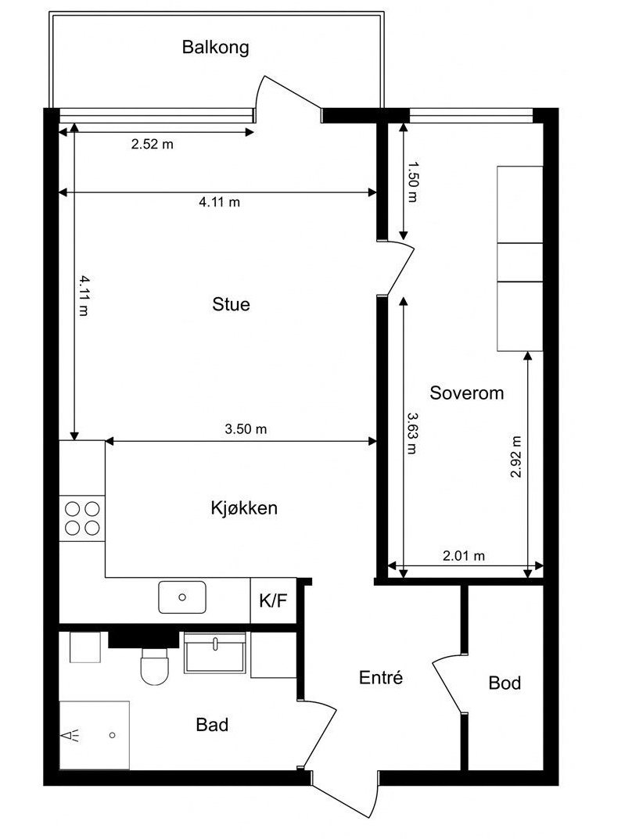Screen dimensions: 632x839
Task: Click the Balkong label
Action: (215, 47)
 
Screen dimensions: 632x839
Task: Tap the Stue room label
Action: (232, 304)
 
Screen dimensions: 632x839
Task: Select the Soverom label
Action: (467, 393)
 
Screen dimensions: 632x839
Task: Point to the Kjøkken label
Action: (244, 507)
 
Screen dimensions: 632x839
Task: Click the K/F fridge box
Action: (274, 601)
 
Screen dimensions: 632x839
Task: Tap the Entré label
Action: (380, 677)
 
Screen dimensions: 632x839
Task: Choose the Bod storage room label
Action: (505, 683)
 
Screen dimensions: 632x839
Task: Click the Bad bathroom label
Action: (212, 725)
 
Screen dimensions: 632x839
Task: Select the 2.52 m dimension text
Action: (153, 144)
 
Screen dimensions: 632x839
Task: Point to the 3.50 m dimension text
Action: (246, 428)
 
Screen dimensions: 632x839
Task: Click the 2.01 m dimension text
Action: (464, 556)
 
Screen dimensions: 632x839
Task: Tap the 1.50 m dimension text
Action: (412, 182)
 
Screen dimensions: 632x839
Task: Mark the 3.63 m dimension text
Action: (411, 433)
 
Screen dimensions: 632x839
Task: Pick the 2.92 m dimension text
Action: (515, 457)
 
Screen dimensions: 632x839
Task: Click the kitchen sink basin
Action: (182, 597)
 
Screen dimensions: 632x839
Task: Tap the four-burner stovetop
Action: (82, 518)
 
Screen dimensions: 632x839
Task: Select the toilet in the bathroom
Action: (155, 665)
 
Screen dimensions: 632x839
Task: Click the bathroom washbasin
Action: (214, 652)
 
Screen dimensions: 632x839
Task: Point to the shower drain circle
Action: (113, 735)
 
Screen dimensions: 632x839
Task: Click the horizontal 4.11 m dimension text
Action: (220, 202)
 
